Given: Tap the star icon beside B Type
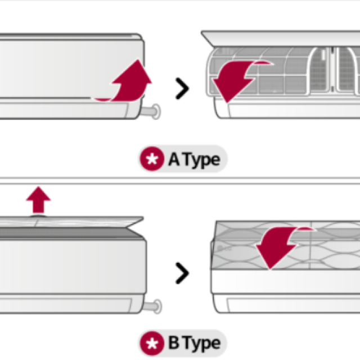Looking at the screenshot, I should pos(151,343).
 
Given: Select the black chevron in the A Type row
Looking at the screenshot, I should pos(182,89).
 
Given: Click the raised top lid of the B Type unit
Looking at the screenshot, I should pos(67,224).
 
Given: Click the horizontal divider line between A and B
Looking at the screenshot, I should pos(180,181).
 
